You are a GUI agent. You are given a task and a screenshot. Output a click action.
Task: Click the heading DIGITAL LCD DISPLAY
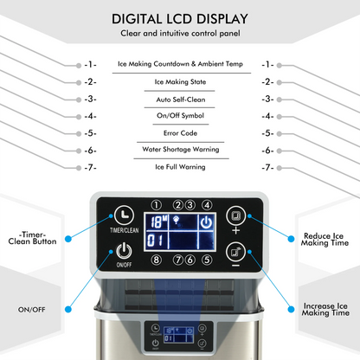(x=180, y=19)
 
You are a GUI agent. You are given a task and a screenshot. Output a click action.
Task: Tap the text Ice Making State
(x=180, y=82)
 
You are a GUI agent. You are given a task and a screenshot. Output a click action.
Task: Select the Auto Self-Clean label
(x=181, y=100)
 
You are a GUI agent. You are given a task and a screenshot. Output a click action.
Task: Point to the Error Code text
(x=180, y=133)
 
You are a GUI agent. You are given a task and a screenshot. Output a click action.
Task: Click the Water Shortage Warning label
(x=181, y=149)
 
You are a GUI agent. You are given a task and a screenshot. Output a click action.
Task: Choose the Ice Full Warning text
(x=180, y=167)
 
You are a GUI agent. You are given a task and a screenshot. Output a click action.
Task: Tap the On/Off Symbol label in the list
(x=180, y=116)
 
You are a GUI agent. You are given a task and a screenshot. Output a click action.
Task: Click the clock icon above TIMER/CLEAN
(x=124, y=215)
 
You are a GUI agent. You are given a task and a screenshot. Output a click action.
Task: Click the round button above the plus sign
(x=235, y=215)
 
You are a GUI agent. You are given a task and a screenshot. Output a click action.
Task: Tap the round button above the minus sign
(x=235, y=252)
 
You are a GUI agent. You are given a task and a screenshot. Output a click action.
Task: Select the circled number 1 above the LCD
(x=157, y=205)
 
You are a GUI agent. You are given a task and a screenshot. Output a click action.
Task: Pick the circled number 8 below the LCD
(x=157, y=260)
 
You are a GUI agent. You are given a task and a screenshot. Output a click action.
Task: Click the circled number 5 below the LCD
(x=207, y=260)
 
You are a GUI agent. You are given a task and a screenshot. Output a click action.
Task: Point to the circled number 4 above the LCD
(x=207, y=205)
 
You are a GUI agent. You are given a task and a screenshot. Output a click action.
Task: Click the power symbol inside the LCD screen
(x=206, y=222)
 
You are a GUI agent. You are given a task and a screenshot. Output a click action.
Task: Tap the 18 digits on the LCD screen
(x=156, y=222)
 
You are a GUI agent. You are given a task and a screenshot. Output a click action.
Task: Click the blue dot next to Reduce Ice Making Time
(x=291, y=239)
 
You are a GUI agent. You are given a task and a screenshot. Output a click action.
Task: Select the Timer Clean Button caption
(x=32, y=238)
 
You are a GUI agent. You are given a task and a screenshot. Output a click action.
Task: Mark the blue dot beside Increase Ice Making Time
(x=291, y=309)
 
